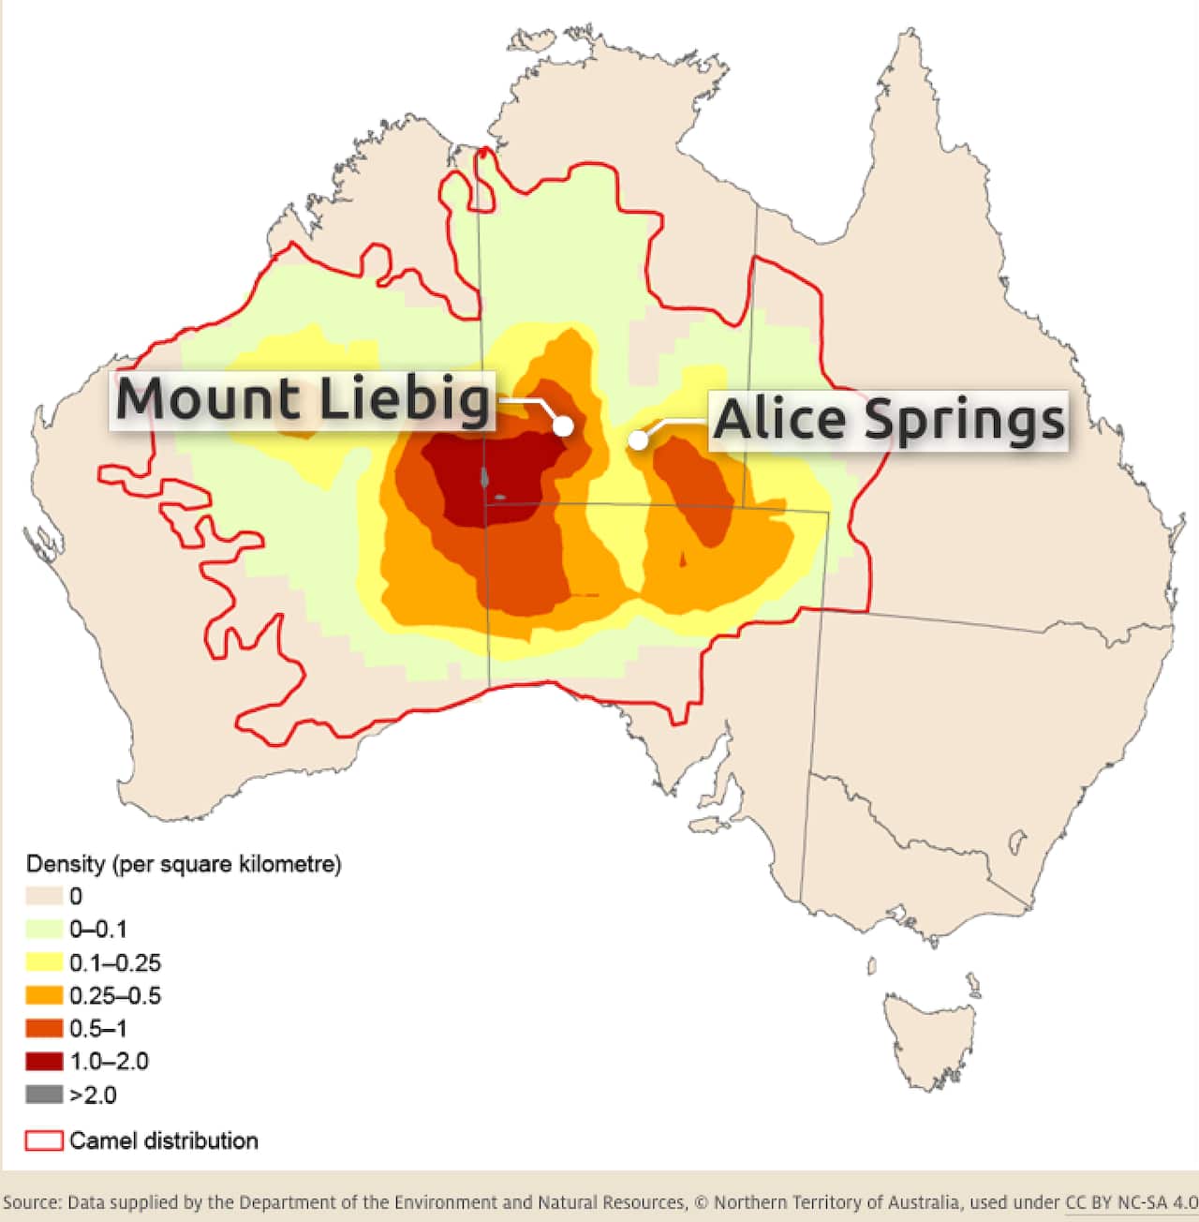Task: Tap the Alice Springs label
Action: [x=888, y=420]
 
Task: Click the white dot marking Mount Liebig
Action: [x=563, y=425]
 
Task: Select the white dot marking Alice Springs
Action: [x=638, y=440]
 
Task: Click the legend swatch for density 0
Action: [x=44, y=897]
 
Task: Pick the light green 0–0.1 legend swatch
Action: [x=44, y=930]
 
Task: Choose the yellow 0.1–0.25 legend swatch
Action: [x=44, y=962]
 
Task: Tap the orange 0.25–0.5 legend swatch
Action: [x=44, y=995]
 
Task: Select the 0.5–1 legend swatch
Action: [x=44, y=1028]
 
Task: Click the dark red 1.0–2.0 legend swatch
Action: [x=44, y=1061]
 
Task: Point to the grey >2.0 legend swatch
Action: [x=44, y=1094]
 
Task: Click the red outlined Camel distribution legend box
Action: [x=44, y=1140]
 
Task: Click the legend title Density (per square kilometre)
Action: [x=184, y=864]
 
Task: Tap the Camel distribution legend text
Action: [x=164, y=1140]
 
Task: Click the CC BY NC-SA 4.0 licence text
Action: [x=1132, y=1202]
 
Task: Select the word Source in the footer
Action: [x=31, y=1202]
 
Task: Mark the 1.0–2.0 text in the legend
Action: [x=109, y=1062]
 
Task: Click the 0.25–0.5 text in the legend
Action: [x=115, y=995]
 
